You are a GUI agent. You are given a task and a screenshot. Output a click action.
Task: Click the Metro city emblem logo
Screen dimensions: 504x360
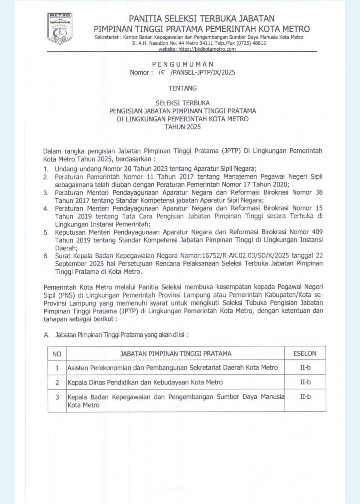60,29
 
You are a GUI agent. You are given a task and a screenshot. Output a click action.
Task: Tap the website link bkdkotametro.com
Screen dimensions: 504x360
197,49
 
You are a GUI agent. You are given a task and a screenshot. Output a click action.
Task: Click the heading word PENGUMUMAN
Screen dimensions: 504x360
183,64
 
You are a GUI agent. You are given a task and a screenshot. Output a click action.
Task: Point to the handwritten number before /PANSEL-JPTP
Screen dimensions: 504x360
162,72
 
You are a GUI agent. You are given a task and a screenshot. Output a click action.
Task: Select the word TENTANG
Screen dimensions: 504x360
183,88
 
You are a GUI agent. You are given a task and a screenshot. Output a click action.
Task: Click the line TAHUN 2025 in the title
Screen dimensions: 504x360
183,127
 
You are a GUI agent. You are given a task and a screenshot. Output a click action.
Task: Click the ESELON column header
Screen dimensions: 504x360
305,353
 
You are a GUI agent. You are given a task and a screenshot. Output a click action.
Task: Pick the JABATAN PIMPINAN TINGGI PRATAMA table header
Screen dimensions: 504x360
176,354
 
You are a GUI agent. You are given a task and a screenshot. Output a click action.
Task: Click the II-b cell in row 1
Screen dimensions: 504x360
305,367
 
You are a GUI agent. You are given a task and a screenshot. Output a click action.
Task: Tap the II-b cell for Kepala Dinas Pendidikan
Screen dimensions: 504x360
305,382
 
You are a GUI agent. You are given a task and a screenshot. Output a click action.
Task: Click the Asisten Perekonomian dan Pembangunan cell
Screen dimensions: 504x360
172,368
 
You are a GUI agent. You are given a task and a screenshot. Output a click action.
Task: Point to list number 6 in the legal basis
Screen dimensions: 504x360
46,256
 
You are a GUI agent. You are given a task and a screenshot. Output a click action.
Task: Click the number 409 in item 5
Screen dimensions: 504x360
317,232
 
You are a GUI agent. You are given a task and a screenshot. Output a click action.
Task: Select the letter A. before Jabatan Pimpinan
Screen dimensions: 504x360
47,335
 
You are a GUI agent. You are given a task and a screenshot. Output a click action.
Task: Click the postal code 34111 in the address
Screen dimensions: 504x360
206,43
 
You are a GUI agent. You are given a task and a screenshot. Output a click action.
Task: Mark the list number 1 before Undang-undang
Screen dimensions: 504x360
46,169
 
